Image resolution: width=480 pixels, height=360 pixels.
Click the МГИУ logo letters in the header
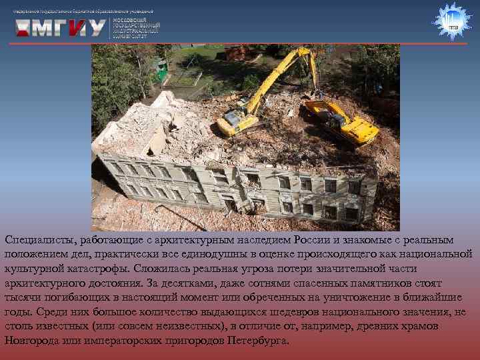(x=61, y=28)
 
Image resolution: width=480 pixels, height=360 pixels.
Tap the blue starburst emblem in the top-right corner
(x=453, y=21)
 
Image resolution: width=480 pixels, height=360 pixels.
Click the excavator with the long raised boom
(x=267, y=93)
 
